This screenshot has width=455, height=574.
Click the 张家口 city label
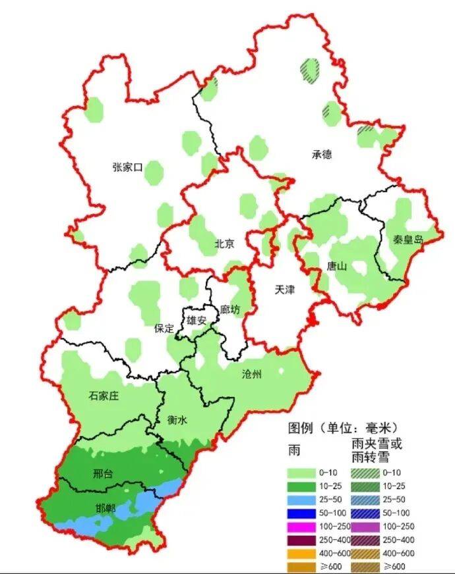click(127, 167)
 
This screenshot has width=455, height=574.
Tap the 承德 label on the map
click(322, 155)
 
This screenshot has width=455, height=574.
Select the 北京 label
click(224, 244)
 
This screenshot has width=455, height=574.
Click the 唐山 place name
click(337, 267)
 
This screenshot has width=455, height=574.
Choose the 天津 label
click(284, 290)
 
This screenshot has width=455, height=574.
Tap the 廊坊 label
click(231, 309)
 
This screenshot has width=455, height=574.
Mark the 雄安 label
click(197, 320)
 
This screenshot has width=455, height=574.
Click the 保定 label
click(164, 328)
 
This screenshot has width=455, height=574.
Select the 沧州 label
click(252, 375)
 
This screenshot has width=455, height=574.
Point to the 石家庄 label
click(103, 396)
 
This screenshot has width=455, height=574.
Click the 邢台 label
click(103, 474)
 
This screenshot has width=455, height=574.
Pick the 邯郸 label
click(105, 508)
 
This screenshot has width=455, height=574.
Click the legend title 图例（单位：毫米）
click(348, 427)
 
